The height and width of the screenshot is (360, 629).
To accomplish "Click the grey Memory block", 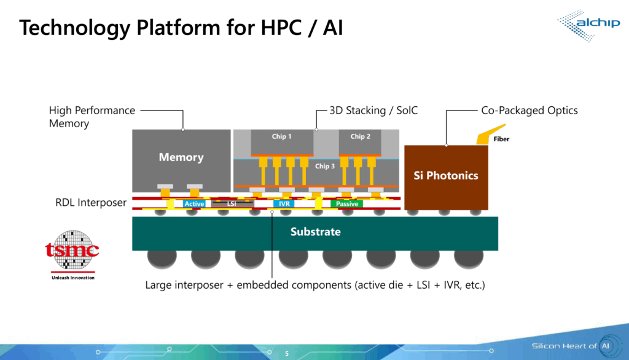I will coord(181,157).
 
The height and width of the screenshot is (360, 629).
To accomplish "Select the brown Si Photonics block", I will coord(446,176).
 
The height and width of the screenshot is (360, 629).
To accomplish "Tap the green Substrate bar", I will coord(315,232).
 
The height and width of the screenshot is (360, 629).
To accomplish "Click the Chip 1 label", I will coord(282,136).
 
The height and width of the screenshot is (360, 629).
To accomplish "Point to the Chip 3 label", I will coord(325,166).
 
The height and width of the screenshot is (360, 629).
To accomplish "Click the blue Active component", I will coord(194,203).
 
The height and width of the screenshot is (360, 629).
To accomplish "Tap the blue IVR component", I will coord(284,203).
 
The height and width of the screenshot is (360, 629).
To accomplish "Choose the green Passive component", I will coord(347,203).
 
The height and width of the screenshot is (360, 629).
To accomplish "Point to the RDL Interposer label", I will coord(91,202).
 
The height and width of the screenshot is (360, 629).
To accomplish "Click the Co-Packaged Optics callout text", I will coord(529,111).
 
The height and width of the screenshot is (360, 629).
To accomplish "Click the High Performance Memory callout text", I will coord(92,117).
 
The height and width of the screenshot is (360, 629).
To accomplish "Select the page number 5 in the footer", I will coord(286,353).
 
